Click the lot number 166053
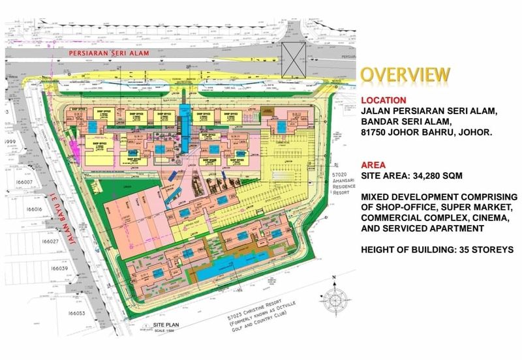14,314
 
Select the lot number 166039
14,268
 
